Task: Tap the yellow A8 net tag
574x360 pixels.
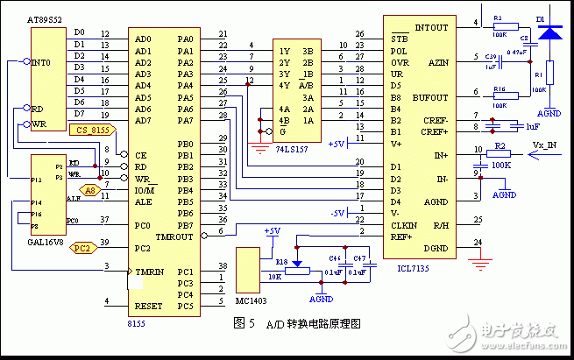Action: [91, 189]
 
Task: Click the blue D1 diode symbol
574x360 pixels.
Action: [549, 32]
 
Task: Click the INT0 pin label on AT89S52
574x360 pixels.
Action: [40, 63]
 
